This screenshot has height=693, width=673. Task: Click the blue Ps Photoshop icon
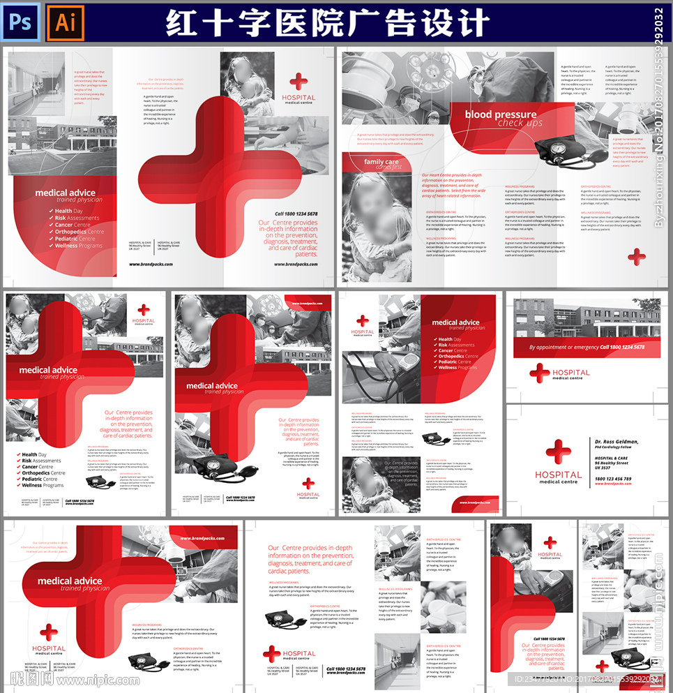(22, 22)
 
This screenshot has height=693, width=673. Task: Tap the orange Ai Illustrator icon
(65, 22)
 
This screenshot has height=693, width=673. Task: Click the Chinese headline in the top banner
(328, 23)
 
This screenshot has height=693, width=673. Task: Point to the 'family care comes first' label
(381, 164)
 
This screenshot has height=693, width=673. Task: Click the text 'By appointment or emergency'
(564, 347)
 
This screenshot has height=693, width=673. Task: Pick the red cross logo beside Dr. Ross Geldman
(558, 453)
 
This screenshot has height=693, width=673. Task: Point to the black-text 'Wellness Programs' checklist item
(42, 486)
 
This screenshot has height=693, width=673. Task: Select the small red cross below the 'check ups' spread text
(636, 258)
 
